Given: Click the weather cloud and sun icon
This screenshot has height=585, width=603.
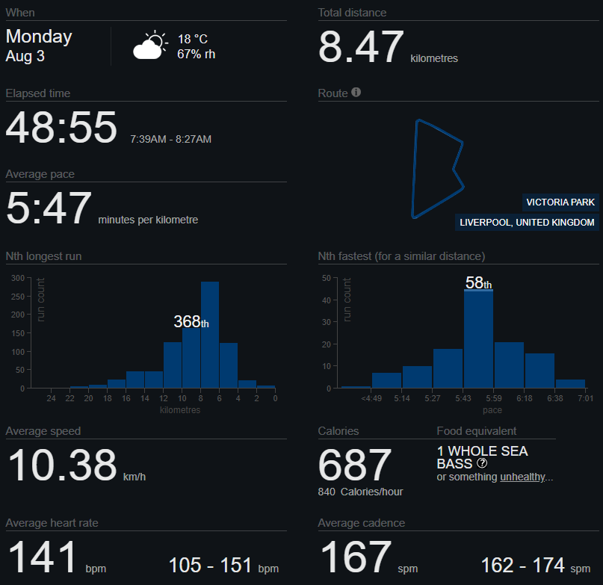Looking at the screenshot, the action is tap(150, 45).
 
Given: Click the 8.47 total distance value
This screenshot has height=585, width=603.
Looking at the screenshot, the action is tap(361, 47).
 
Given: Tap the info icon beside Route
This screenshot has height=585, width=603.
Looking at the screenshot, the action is tap(356, 93).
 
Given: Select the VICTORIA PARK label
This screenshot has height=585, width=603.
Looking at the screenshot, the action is tap(560, 202).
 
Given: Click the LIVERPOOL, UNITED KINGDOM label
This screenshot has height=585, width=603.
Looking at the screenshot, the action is tap(527, 223).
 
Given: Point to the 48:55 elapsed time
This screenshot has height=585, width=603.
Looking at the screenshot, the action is tap(61, 127).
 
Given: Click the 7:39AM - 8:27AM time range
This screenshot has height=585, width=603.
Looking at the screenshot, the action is tap(171, 139).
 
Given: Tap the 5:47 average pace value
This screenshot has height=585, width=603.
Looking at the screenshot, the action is tap(49, 208).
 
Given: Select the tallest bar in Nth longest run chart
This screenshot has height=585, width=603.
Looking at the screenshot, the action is tap(210, 335).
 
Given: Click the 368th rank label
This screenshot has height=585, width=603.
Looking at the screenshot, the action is tap(191, 321).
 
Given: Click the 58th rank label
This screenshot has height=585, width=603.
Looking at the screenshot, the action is tap(478, 282).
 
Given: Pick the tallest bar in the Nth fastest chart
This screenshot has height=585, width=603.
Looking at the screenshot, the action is tap(478, 338).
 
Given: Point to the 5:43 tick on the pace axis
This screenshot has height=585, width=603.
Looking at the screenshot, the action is tap(463, 398).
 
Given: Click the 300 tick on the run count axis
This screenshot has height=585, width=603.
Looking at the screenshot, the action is tap(18, 278).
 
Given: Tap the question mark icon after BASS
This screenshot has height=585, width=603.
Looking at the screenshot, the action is tap(482, 463).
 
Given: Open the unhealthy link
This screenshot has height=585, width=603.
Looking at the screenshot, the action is tap(522, 477).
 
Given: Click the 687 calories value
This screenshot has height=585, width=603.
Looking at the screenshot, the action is tap(355, 465).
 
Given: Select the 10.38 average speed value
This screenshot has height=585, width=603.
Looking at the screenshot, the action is tap(62, 465).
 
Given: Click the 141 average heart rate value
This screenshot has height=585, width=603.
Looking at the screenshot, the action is tap(43, 557).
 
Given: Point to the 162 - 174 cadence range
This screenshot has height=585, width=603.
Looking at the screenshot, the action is tap(522, 565).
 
